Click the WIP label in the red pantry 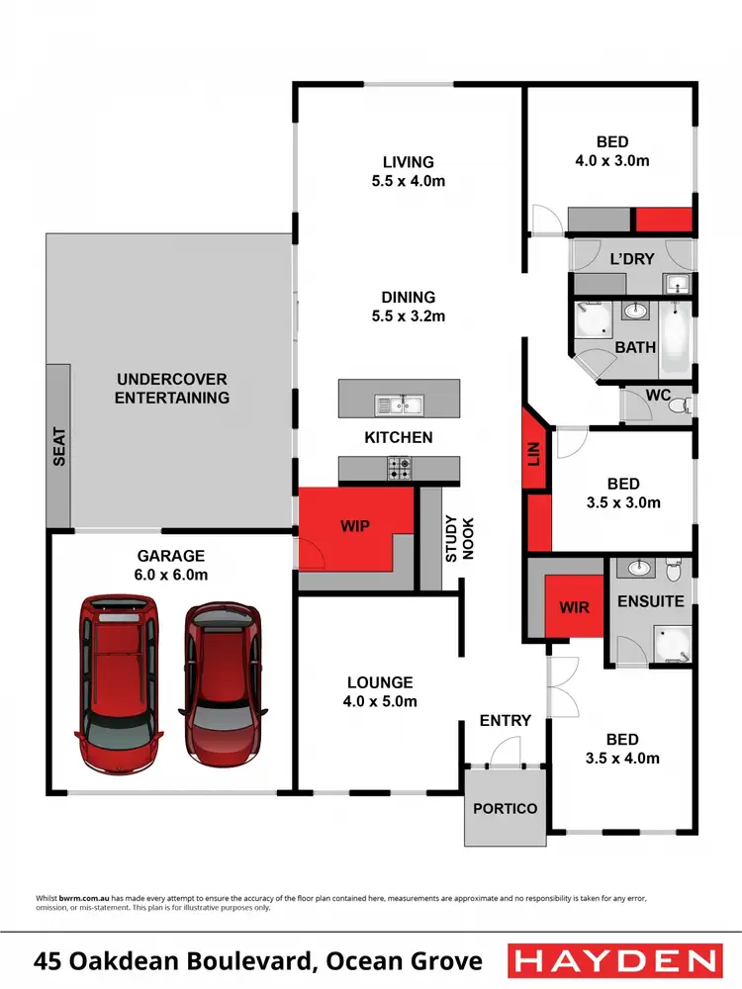pyautogui.click(x=355, y=526)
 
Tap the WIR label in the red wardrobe pyautogui.click(x=575, y=606)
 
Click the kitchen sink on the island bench pyautogui.click(x=399, y=405)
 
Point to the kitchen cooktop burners pyautogui.click(x=400, y=468)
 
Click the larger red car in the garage pyautogui.click(x=117, y=682)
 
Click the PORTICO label pyautogui.click(x=505, y=808)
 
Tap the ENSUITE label pyautogui.click(x=650, y=600)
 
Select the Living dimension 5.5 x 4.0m pyautogui.click(x=409, y=181)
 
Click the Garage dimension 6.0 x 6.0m pyautogui.click(x=171, y=575)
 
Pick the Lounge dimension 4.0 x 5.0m pyautogui.click(x=380, y=701)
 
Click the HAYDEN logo pyautogui.click(x=613, y=960)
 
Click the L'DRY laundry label pyautogui.click(x=632, y=259)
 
